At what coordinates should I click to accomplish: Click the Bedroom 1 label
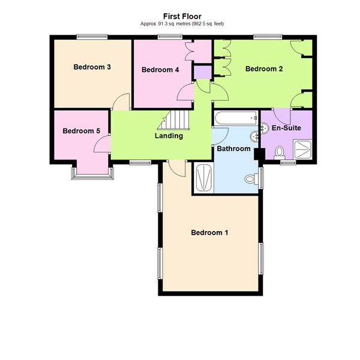pos(209,233)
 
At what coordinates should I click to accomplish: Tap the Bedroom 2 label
pos(264,69)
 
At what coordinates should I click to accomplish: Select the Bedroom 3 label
pos(92,67)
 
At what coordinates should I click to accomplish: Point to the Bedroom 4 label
pos(160,70)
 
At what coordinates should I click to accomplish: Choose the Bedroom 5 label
pos(81,131)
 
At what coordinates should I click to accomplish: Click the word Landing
pos(169,136)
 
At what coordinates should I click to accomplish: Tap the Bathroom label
pos(233,148)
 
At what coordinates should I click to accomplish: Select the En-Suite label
pos(286,128)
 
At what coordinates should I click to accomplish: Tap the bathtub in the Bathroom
pos(236,119)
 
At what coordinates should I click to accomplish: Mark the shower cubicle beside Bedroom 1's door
pos(203,178)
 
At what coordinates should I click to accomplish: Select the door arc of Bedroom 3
pos(122,101)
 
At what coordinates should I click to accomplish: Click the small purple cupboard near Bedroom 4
pos(202,73)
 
